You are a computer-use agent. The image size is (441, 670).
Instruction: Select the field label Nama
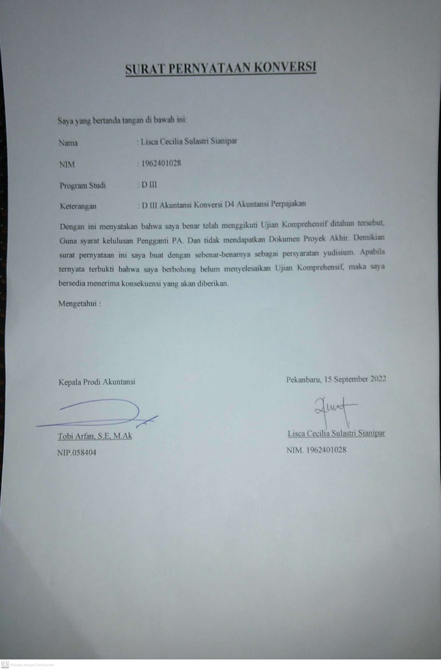point(68,143)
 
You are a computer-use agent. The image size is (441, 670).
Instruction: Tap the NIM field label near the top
point(67,164)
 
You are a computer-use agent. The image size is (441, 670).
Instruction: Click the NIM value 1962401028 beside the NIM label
point(161,163)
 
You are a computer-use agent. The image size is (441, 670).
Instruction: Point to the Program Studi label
point(83,186)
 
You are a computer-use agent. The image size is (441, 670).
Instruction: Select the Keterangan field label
point(78,206)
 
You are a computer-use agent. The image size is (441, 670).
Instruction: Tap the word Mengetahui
point(77,304)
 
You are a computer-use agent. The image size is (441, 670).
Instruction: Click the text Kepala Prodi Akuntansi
point(97,382)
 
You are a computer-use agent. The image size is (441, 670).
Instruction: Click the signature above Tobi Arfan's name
point(101,412)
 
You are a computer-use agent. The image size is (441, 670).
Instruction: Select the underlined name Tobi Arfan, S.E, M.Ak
point(95,436)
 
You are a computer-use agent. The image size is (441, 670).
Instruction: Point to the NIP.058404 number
point(77,453)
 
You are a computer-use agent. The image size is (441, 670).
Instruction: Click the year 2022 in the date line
point(378,379)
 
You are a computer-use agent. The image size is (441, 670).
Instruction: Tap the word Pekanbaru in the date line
point(303,380)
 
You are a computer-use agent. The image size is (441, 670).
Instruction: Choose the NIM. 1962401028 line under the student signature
point(316,450)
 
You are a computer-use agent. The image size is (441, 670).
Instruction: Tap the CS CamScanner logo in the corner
point(5,664)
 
